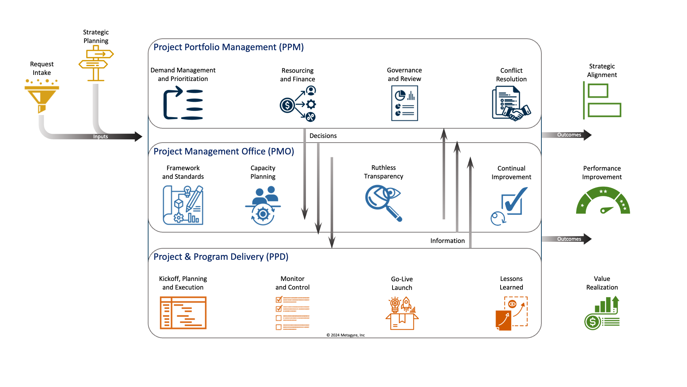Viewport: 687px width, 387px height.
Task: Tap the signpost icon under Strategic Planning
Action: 96,63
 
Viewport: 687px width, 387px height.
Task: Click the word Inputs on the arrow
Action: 101,137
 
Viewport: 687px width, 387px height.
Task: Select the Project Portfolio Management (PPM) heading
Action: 228,47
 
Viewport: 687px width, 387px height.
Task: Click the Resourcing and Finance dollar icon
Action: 298,104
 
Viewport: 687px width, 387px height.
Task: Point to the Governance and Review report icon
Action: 404,104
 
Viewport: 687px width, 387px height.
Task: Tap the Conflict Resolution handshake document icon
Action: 511,104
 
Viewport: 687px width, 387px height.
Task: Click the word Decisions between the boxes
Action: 323,136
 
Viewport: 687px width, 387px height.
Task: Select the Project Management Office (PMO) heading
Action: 224,152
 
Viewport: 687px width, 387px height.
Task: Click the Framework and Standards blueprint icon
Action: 183,205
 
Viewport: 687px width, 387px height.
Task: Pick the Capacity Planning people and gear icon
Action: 263,205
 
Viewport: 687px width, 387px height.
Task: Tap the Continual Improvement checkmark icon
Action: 510,206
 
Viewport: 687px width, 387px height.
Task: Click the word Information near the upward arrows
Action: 447,241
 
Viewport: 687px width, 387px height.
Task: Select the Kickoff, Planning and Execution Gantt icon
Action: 183,312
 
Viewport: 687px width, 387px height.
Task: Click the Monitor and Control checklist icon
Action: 292,313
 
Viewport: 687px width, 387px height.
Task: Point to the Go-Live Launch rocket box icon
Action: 402,313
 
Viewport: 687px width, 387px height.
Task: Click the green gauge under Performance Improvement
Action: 603,201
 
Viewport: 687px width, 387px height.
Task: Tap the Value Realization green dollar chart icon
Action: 602,313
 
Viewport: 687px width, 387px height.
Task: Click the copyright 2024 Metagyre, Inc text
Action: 345,335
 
